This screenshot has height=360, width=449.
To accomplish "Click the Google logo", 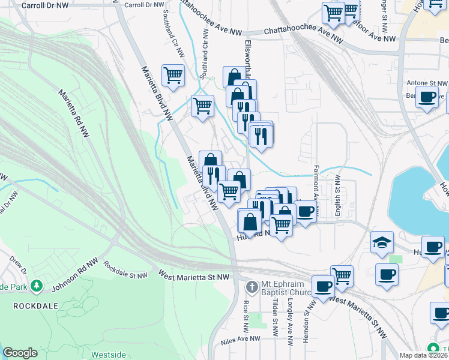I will pos(20,353).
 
